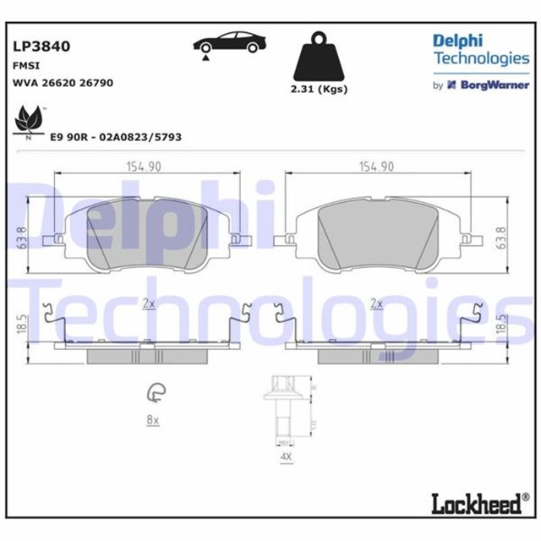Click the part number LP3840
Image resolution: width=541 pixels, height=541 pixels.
coord(41,46)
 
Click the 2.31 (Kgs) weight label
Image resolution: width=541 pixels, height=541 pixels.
coord(319,90)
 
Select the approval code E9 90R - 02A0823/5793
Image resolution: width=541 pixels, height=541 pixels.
coord(116,136)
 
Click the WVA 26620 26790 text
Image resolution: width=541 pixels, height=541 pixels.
coord(63,83)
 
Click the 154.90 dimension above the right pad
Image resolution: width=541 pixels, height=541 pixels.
coord(376,167)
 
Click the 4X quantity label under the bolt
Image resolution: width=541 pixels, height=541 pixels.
coord(285,457)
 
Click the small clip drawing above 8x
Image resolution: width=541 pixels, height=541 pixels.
coord(156,391)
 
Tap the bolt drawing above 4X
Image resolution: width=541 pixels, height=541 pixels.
coord(283,410)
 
